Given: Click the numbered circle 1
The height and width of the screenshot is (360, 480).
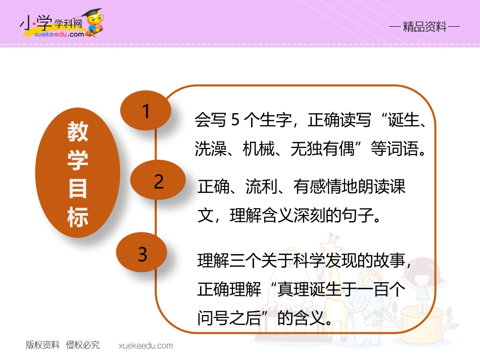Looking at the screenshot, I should click(146, 111).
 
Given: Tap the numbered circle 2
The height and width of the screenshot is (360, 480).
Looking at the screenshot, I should click(158, 182).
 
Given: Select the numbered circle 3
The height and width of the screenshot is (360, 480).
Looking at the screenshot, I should click(143, 254).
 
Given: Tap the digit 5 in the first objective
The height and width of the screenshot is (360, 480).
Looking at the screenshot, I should click(234, 122).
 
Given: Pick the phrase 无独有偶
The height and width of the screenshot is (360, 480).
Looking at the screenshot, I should click(323, 149).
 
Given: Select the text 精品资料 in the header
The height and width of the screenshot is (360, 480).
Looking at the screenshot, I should click(425, 27).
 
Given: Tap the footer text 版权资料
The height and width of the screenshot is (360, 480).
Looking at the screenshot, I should click(42, 345).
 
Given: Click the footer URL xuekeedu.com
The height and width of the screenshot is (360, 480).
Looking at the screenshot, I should click(146, 346).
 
